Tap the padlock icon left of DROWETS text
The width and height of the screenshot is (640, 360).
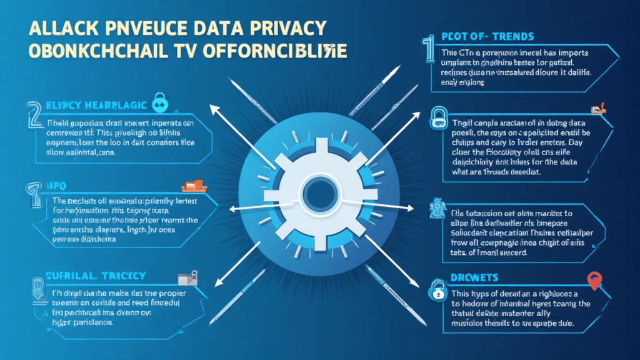pos(436,289)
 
